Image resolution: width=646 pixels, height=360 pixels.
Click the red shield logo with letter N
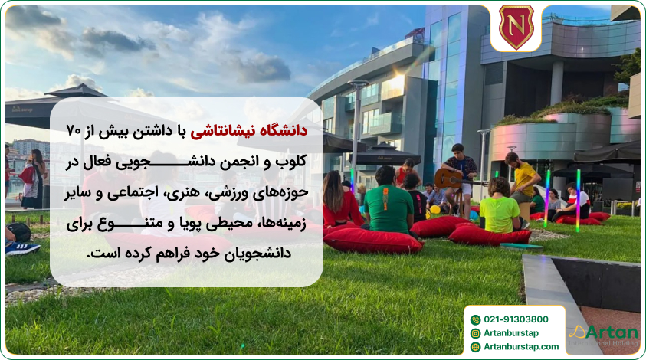[516, 27]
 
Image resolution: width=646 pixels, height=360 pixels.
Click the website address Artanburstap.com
[521, 347]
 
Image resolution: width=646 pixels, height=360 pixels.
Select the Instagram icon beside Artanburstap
[475, 333]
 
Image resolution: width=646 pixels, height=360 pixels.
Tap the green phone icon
[475, 319]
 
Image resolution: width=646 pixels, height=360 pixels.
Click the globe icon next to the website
[475, 347]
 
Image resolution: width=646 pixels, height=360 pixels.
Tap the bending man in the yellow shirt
[524, 180]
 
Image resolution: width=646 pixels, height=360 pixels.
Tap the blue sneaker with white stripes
[22, 248]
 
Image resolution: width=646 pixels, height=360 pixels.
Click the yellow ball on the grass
[435, 209]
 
